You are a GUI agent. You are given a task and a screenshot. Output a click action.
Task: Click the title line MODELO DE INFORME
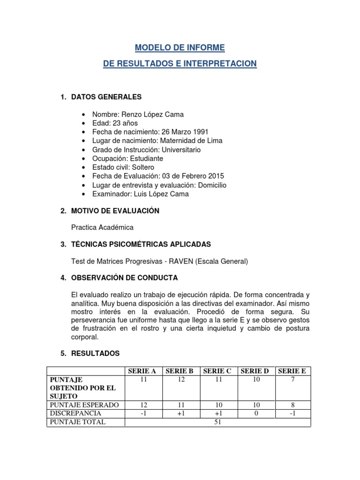[x=180, y=48]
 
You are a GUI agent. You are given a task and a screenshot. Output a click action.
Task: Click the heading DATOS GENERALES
[x=106, y=97]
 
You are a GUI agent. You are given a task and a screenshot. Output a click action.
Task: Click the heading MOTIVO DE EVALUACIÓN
[x=115, y=211]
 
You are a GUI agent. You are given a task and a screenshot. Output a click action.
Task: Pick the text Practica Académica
[x=102, y=227]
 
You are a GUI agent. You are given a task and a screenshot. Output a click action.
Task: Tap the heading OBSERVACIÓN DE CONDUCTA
[x=124, y=277]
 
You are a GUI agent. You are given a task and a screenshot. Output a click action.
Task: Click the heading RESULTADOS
[x=95, y=353]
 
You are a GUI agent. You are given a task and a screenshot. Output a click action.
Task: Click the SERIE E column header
[x=292, y=371]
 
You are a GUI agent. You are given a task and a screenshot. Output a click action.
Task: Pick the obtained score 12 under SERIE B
[x=181, y=380]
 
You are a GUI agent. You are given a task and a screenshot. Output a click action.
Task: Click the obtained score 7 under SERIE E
[x=292, y=380]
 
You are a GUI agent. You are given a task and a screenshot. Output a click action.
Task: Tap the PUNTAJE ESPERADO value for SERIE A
[x=143, y=405]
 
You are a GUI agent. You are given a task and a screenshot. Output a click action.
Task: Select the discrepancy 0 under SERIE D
[x=255, y=413]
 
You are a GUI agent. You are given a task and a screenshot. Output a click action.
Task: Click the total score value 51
[x=218, y=422]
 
